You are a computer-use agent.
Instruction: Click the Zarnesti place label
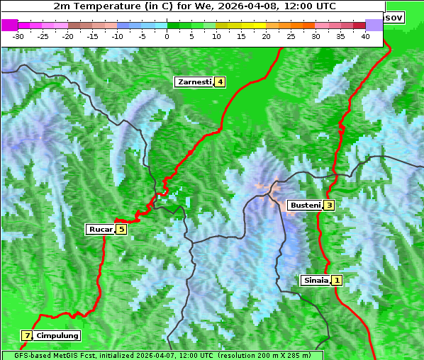coord(194,82)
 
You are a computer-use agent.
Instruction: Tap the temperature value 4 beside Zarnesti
coord(221,82)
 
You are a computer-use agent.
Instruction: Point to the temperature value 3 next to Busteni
coord(330,206)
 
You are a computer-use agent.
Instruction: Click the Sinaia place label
coord(316,280)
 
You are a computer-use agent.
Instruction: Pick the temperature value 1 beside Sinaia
coord(337,280)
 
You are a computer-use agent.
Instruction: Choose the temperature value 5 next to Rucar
coord(121,229)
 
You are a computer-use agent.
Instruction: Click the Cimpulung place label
coord(57,335)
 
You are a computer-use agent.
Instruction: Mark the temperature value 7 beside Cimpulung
coord(27,335)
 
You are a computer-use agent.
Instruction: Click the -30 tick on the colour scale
coord(18,36)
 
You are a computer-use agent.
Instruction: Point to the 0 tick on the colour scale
coord(167,36)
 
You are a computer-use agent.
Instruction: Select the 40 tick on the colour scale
coord(365,36)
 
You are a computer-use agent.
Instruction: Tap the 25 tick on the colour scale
coord(291,36)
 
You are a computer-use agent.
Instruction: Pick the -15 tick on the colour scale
coord(93,36)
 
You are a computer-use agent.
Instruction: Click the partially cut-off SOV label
coord(394,17)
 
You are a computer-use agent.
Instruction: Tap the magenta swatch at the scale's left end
coord(10,25)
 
